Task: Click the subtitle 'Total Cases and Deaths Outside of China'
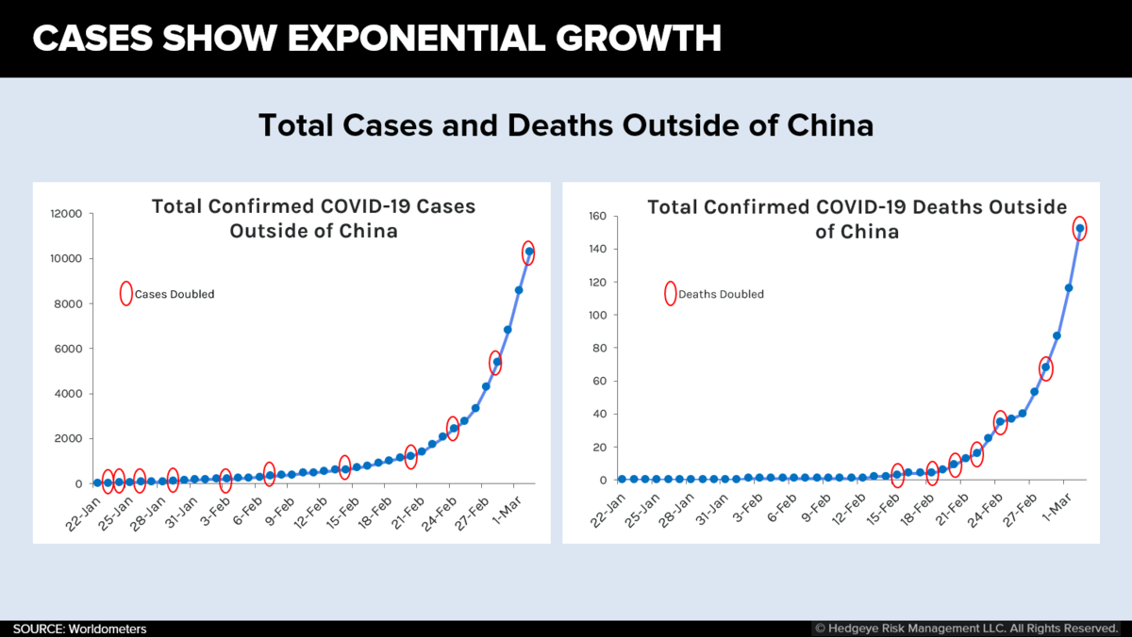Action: (566, 125)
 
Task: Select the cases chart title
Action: (313, 218)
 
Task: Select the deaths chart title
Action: (857, 218)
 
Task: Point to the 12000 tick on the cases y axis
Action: (69, 214)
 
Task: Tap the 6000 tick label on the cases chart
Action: (72, 349)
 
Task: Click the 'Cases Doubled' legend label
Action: (175, 294)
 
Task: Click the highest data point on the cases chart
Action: (529, 252)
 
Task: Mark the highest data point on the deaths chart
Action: (1079, 228)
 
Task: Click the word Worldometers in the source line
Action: (107, 629)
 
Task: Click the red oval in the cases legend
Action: (125, 293)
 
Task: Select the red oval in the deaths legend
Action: (670, 293)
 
